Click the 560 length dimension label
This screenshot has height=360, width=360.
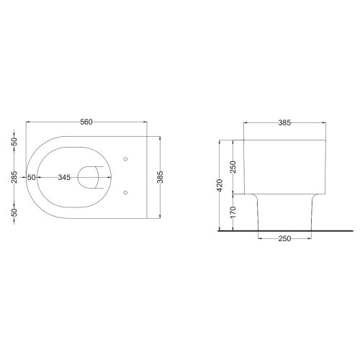[x=86, y=122]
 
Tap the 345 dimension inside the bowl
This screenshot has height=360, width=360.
[x=64, y=177]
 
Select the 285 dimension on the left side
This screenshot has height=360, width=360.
[x=14, y=177]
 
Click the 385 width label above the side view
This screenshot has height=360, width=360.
[x=284, y=122]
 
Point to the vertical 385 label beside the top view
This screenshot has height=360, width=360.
[x=160, y=177]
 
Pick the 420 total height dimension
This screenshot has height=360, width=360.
[x=220, y=185]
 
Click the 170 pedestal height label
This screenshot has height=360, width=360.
[x=233, y=212]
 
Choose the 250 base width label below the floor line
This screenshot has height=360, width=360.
[x=284, y=238]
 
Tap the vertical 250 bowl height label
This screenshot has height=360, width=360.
[x=233, y=167]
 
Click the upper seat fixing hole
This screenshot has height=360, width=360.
[x=125, y=159]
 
